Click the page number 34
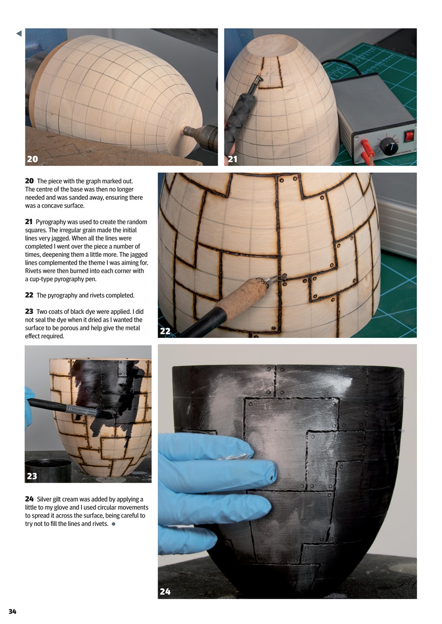[x=12, y=612]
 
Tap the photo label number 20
[x=33, y=159]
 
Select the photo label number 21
[x=232, y=159]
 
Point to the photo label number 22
[x=165, y=331]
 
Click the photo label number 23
[x=32, y=476]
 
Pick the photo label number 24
[x=165, y=592]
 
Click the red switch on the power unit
[x=409, y=136]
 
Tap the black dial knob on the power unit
[x=389, y=146]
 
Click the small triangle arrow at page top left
[x=19, y=34]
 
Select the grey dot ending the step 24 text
[x=114, y=524]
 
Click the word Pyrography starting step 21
[x=52, y=222]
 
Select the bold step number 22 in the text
[x=29, y=295]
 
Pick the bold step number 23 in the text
[x=29, y=311]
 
